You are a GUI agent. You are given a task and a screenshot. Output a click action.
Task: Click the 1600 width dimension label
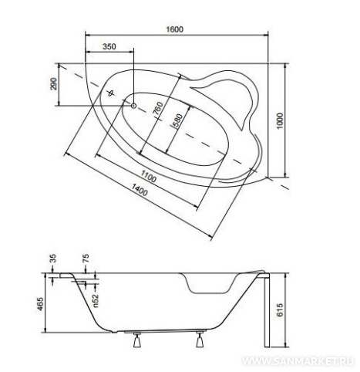(x=175, y=29)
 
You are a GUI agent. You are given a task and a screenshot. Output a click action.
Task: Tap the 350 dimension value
(x=109, y=46)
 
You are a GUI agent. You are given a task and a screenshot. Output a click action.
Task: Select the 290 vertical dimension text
(x=54, y=83)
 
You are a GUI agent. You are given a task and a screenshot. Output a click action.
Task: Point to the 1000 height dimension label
(x=280, y=121)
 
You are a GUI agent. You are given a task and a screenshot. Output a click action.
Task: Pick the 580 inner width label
(x=178, y=120)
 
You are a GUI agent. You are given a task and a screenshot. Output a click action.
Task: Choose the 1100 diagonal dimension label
(x=149, y=177)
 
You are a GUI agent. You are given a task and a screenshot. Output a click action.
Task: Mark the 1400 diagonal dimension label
(x=140, y=190)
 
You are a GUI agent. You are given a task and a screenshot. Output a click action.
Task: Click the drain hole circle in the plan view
(x=133, y=106)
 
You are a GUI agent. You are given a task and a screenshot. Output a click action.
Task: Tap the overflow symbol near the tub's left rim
(x=111, y=93)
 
